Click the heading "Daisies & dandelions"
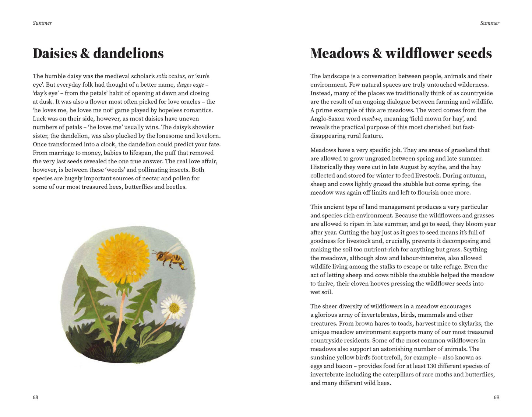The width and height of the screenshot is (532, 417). point(98,53)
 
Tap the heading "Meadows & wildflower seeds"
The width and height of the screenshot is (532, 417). point(401,53)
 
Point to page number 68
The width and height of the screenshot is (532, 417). point(35,397)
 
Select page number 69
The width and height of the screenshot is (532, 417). point(496,397)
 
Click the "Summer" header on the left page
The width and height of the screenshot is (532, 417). point(42,23)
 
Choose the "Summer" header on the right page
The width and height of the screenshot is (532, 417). point(490,23)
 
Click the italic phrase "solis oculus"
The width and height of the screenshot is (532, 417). point(171,76)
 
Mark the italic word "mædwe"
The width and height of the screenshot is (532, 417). point(371,119)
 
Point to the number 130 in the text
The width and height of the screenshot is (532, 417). point(432,366)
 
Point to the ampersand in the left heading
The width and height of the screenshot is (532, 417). point(85,53)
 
